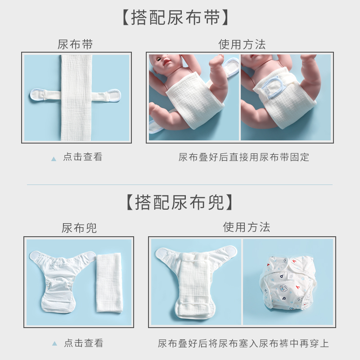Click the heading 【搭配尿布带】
[x=177, y=18]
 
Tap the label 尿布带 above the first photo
[x=75, y=45]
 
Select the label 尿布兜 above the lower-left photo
[x=79, y=228]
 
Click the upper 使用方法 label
[x=242, y=45]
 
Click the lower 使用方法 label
[x=247, y=227]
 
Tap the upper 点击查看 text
[x=83, y=157]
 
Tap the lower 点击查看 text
[x=83, y=343]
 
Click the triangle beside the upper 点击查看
[x=54, y=158]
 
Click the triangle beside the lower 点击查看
[x=54, y=344]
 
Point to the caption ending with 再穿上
[x=243, y=343]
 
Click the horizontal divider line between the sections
[x=180, y=184]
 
